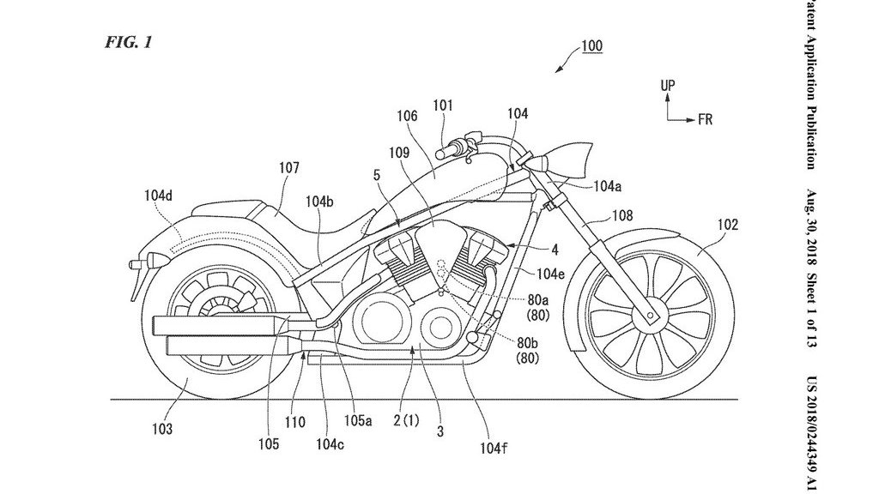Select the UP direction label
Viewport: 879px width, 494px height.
(668, 85)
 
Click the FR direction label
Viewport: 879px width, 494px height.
(705, 120)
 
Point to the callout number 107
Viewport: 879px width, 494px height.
(289, 169)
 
